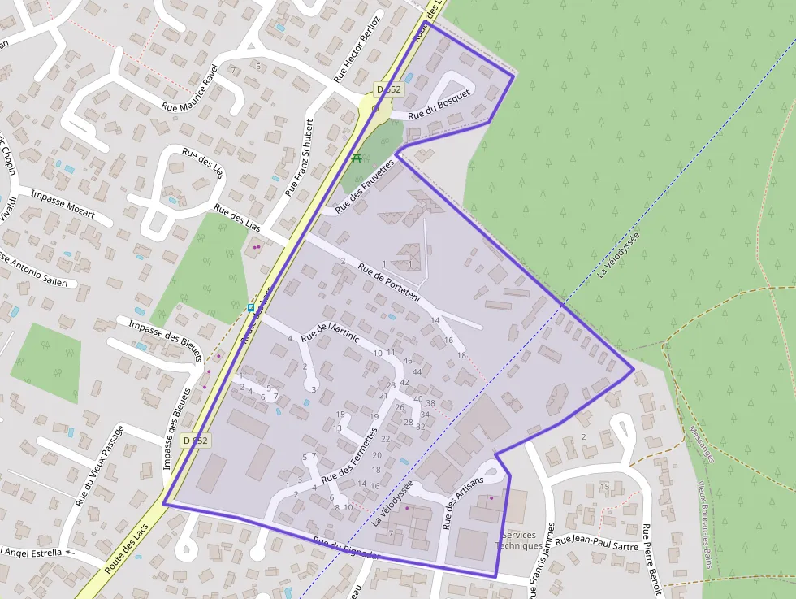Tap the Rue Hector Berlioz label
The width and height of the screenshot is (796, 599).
pos(357,49)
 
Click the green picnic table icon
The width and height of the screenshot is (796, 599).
pos(357,158)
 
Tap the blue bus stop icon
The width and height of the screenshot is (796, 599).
pos(251,308)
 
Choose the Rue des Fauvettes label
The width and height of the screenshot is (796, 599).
pos(365,186)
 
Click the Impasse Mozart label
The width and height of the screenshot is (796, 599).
pos(63,206)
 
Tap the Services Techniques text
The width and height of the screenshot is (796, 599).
pos(518,540)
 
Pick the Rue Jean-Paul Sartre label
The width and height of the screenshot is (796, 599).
pos(597,540)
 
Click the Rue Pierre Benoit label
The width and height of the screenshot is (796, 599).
pos(651,559)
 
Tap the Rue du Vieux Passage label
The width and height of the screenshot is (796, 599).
pos(99,466)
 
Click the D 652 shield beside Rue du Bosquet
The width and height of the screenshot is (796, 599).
pos(387,89)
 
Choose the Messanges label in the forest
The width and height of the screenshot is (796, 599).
pos(701,444)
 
